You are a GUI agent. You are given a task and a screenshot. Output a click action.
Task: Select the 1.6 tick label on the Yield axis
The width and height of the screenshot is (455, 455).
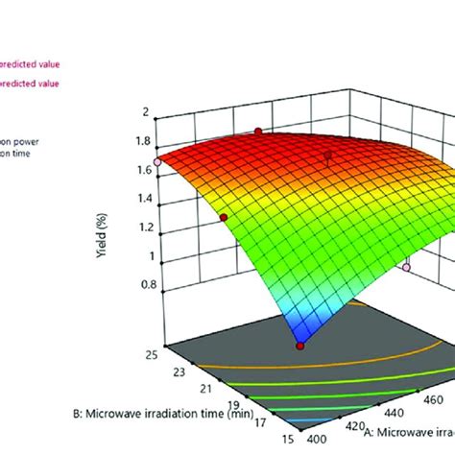pos(144,170)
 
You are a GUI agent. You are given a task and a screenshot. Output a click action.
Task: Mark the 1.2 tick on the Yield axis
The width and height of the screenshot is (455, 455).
pos(144,227)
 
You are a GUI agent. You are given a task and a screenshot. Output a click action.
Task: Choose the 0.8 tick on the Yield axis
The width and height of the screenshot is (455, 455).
pos(144,284)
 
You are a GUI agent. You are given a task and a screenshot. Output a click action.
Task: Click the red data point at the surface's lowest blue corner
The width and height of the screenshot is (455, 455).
pos(301,346)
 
